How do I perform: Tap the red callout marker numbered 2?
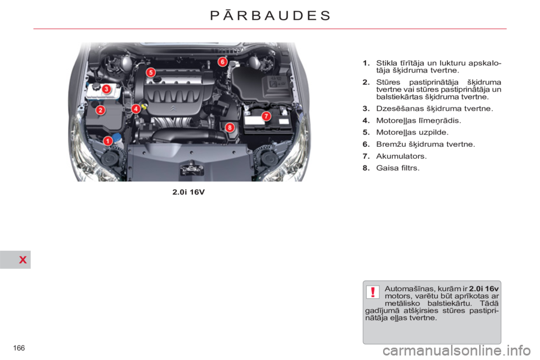100,110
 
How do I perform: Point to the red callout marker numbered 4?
136,109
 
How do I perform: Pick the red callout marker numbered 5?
151,73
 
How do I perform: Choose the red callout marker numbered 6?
223,61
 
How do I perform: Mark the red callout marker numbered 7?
266,115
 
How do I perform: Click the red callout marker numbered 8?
229,128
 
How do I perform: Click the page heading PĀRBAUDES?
270,15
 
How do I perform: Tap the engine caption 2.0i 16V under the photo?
188,192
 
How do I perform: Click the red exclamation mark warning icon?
373,292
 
